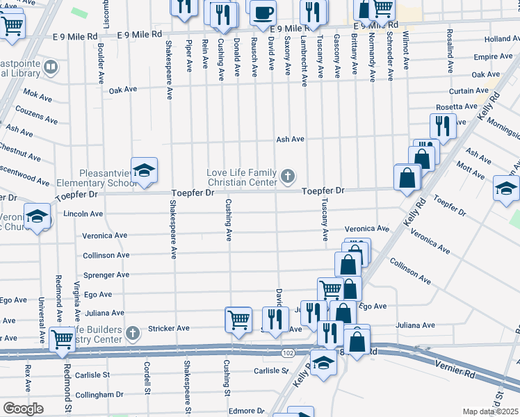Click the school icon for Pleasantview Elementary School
click(x=144, y=171)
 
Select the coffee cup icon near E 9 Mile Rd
click(x=263, y=13)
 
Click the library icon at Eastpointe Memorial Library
click(x=50, y=67)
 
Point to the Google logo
click(x=23, y=409)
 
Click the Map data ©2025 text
click(x=490, y=411)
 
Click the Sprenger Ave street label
click(x=106, y=275)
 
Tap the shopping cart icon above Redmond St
click(x=62, y=339)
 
